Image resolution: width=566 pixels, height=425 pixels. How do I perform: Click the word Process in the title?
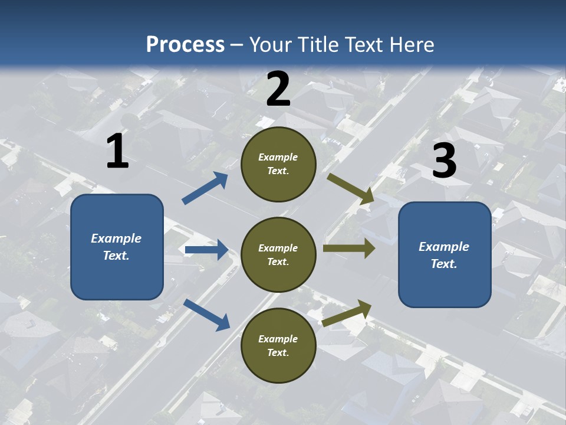[185, 44]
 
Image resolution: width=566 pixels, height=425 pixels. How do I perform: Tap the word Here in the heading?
[411, 44]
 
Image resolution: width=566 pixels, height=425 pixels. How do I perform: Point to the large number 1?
[117, 152]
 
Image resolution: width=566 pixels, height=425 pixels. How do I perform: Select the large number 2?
[278, 90]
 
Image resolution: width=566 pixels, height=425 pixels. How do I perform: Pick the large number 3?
[444, 161]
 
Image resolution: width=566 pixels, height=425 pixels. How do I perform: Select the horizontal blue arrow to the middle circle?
[206, 250]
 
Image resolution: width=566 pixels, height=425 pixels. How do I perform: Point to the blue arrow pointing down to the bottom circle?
[206, 315]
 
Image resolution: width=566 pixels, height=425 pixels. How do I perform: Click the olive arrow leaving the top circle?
[351, 189]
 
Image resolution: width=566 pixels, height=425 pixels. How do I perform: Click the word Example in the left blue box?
[116, 238]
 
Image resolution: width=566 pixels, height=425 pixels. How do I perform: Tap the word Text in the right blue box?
[443, 264]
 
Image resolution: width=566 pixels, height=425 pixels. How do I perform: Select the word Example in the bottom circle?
[278, 339]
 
